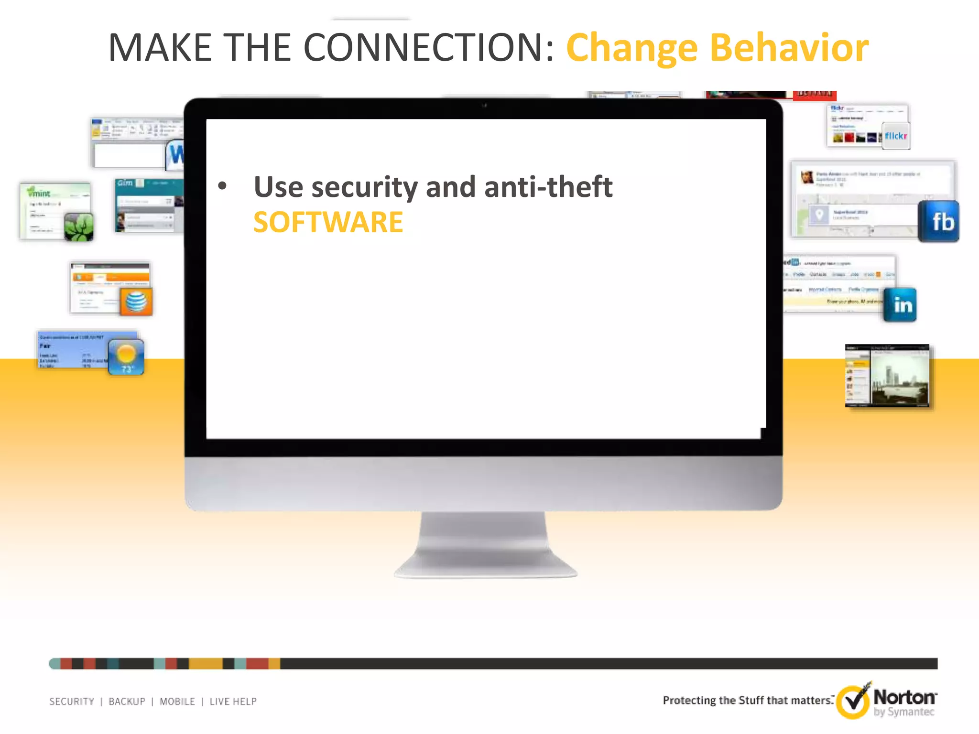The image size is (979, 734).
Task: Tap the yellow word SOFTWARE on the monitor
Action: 328,222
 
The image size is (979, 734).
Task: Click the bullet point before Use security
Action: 222,186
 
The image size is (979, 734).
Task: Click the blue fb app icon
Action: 938,221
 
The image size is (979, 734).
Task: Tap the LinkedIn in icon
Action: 900,305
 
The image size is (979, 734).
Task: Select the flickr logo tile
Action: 895,136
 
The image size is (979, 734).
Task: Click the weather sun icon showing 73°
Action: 126,356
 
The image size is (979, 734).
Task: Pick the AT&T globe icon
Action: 136,302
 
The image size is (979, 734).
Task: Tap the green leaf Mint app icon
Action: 79,227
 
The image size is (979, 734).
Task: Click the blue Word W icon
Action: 175,155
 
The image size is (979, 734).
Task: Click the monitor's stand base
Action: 485,566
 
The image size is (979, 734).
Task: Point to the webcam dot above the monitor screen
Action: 484,106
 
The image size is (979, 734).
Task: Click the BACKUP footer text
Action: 127,702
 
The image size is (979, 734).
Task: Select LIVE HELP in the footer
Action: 233,702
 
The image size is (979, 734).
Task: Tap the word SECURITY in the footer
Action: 72,702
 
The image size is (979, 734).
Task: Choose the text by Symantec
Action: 903,712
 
